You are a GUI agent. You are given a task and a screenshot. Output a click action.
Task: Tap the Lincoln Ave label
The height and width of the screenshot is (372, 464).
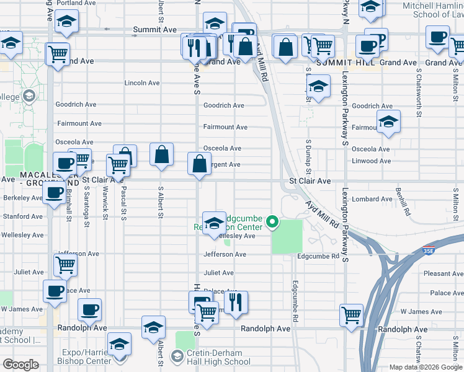(x=142, y=82)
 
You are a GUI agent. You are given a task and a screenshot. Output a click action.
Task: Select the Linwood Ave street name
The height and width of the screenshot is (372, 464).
(x=371, y=161)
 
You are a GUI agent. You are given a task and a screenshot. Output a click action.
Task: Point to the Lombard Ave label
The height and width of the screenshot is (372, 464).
(x=369, y=200)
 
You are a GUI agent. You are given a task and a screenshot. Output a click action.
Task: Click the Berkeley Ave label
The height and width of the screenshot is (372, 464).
(x=22, y=198)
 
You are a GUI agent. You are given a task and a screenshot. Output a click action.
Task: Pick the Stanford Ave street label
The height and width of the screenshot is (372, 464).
(x=22, y=216)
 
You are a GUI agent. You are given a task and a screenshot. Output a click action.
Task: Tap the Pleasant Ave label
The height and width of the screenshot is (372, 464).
(x=443, y=273)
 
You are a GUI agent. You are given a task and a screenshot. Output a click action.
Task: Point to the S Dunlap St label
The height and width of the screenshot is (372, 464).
(x=308, y=152)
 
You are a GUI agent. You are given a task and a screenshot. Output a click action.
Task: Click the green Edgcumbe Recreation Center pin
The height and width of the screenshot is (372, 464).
(x=271, y=221)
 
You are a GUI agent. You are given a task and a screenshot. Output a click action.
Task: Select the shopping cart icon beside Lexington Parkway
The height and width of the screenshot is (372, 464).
(x=352, y=314)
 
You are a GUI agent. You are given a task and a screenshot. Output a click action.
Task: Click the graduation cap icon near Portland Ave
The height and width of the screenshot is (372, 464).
(x=66, y=23)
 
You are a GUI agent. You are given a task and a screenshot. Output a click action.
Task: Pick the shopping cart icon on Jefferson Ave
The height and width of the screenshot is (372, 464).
(x=65, y=265)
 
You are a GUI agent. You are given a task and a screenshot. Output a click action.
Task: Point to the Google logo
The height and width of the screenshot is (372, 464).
(x=20, y=365)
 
